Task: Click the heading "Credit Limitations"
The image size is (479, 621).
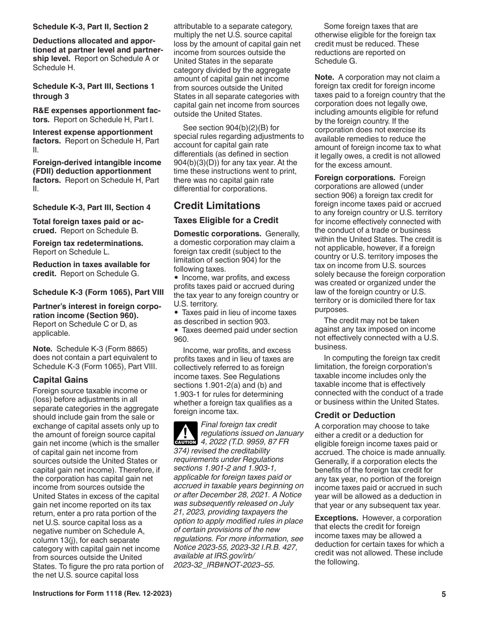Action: (217, 205)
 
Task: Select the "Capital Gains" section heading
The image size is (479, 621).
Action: (60, 380)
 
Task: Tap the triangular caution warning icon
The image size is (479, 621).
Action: (185, 434)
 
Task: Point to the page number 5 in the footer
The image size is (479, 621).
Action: (444, 594)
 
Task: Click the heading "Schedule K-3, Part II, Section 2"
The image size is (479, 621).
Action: (90, 26)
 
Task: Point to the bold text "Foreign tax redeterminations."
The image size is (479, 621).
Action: (88, 243)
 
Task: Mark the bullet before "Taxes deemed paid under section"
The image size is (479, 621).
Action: (176, 330)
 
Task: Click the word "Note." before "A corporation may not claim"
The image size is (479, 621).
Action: (324, 77)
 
